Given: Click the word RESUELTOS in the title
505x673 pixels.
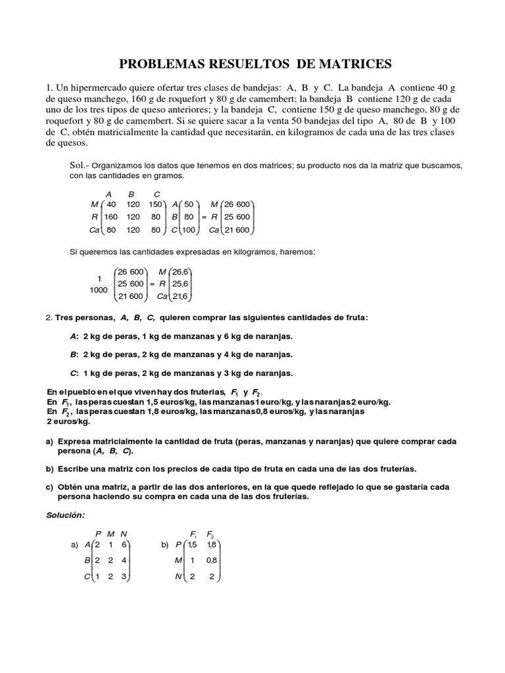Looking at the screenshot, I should [x=241, y=64].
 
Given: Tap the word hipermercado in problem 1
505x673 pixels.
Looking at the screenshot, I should [x=96, y=88].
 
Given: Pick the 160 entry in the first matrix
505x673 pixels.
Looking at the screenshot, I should [x=110, y=218].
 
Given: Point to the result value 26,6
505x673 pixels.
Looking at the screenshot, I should [x=181, y=271].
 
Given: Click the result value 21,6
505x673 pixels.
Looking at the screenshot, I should [x=181, y=296].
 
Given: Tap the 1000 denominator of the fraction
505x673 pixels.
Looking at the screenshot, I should [x=99, y=290].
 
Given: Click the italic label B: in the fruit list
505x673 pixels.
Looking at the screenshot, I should [x=74, y=354].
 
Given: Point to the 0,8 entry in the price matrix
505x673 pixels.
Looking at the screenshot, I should [x=211, y=561].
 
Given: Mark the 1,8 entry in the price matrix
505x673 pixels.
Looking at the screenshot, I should [x=211, y=545].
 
